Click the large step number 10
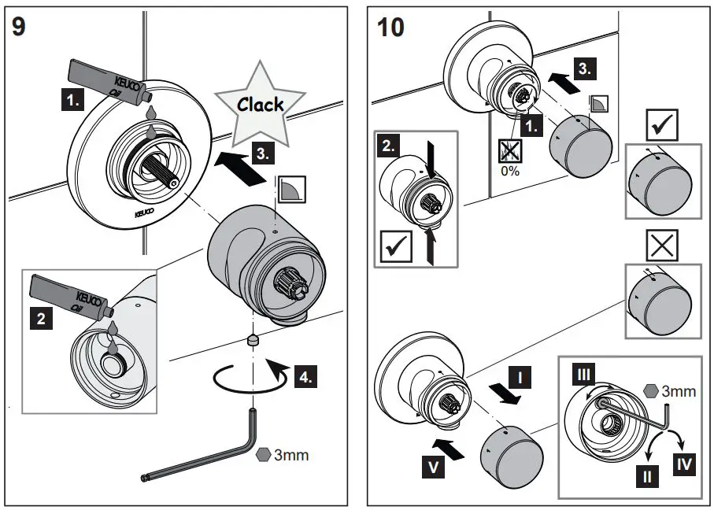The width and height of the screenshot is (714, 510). pyautogui.click(x=391, y=27)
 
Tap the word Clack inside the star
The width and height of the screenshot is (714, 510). pyautogui.click(x=261, y=104)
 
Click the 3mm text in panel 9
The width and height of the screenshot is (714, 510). pyautogui.click(x=291, y=455)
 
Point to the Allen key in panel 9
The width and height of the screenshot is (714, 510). pyautogui.click(x=205, y=456)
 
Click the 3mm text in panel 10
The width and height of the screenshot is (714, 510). pyautogui.click(x=676, y=390)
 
